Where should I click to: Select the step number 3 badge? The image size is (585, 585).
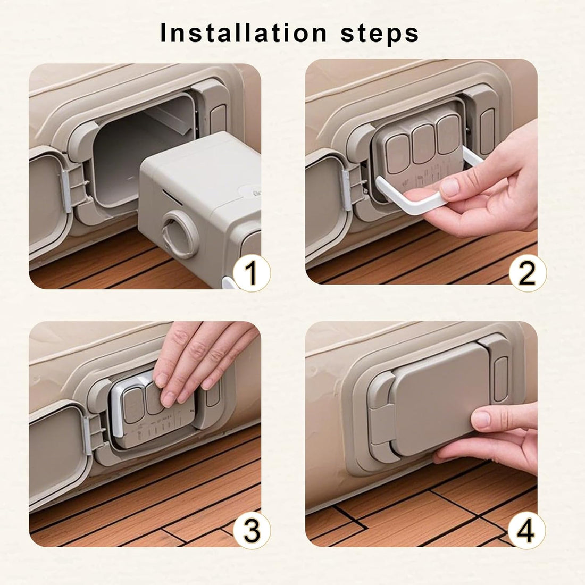pyautogui.click(x=251, y=530)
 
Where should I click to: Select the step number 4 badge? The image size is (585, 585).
pyautogui.click(x=526, y=530)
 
